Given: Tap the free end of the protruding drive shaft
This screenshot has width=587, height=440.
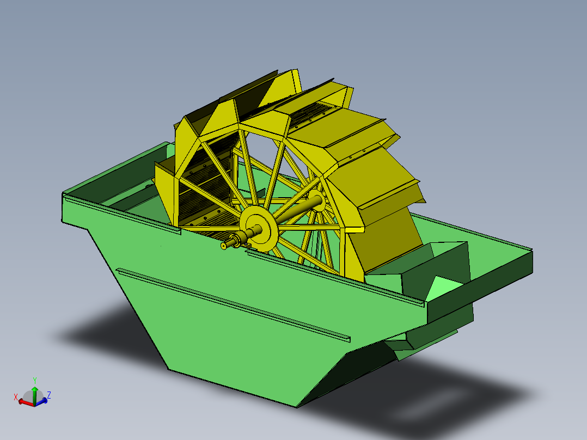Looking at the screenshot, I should click(x=224, y=246).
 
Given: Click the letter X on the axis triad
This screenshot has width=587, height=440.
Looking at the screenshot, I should click(x=16, y=396).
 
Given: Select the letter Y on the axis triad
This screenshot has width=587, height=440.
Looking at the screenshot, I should click(x=34, y=380).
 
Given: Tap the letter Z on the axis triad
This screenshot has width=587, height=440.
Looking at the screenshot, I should click(x=49, y=395).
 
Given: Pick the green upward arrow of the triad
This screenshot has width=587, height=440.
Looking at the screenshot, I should click(x=34, y=393).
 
